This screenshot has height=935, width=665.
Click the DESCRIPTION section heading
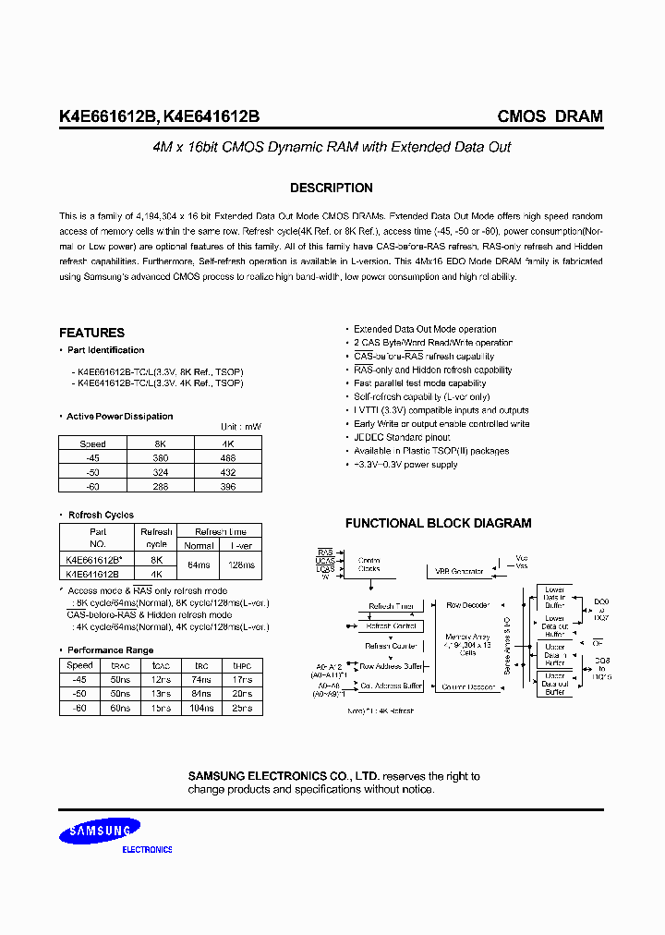click(332, 188)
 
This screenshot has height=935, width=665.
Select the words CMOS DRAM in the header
click(550, 116)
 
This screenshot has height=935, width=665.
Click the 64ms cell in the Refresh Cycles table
click(199, 565)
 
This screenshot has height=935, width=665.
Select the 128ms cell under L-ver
click(242, 565)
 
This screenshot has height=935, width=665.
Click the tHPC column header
click(242, 665)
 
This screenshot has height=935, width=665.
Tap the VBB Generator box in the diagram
click(460, 571)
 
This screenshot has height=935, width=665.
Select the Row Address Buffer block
click(391, 665)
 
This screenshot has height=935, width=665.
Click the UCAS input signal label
click(325, 560)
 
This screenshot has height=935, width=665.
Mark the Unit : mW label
click(241, 427)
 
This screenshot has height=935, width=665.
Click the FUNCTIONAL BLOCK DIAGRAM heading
click(438, 523)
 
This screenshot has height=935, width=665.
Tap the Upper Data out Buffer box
click(554, 686)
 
